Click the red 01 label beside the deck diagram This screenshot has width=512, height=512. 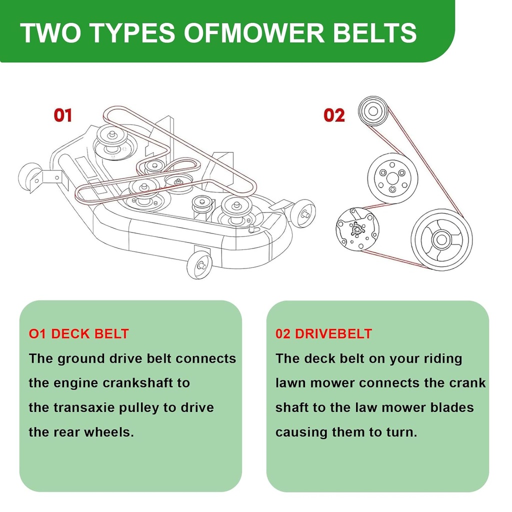[63, 115]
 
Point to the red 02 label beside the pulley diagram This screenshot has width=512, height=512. [334, 115]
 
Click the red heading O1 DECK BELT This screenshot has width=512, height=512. [79, 333]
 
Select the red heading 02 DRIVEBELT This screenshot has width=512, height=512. [323, 333]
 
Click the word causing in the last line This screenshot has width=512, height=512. [301, 432]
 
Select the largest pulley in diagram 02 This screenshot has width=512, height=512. [441, 239]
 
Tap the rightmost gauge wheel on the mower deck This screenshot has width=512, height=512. [303, 213]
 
